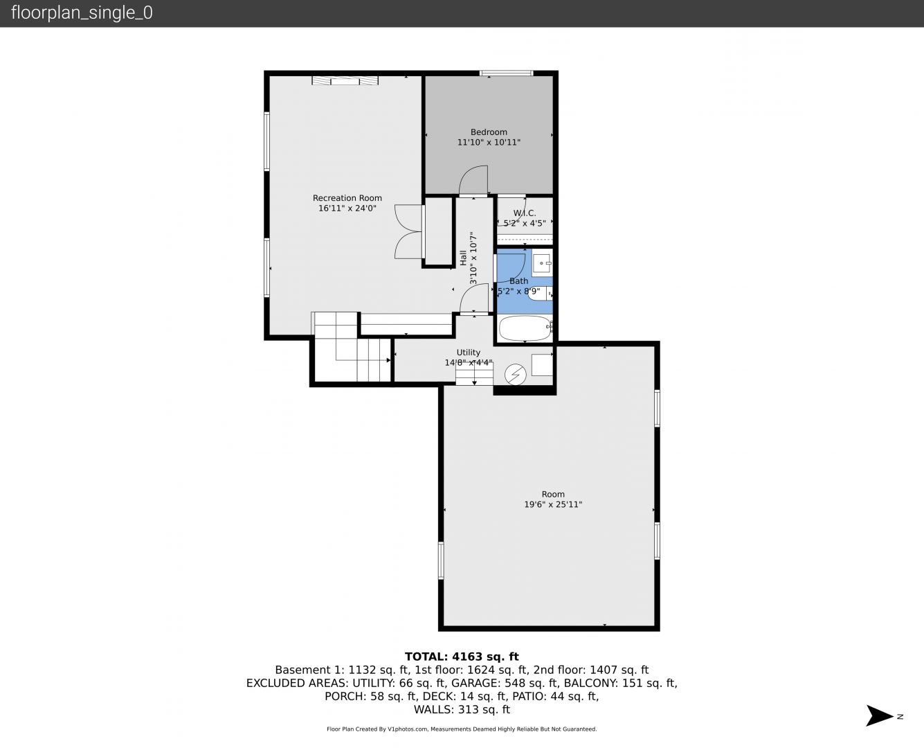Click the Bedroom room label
(489, 132)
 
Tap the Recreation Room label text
(347, 198)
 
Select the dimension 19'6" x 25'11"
(553, 504)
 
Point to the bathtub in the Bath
(525, 328)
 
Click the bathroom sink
(542, 262)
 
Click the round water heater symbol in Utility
(516, 374)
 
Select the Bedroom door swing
(473, 180)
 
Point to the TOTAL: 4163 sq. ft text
(462, 657)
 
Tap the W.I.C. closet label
(525, 213)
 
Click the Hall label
(463, 258)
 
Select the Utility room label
(468, 353)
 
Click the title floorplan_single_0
(82, 13)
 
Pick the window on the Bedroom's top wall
(506, 73)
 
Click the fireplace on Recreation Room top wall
(345, 80)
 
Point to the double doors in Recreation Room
(408, 232)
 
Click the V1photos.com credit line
(462, 729)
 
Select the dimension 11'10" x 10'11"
(489, 143)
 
